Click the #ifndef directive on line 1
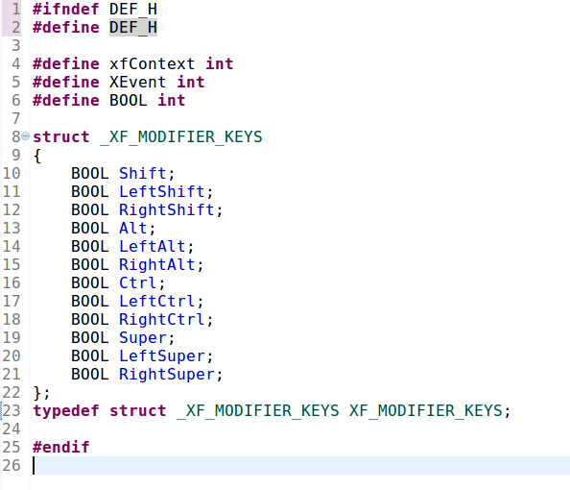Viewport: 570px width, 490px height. point(66,9)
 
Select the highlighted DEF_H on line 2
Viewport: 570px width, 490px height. point(133,27)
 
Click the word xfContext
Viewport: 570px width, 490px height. point(153,64)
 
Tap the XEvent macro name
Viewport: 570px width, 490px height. point(138,83)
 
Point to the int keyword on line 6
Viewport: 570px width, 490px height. point(172,101)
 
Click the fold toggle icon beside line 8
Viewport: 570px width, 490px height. point(26,136)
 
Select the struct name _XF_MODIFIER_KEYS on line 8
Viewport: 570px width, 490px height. point(181,137)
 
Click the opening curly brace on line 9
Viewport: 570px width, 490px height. point(37,156)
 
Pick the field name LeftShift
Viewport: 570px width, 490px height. point(162,192)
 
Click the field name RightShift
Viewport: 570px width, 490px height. point(167,210)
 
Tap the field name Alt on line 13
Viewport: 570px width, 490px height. point(133,229)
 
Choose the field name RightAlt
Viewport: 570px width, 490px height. point(157,264)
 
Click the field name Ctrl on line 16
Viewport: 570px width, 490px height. point(138,282)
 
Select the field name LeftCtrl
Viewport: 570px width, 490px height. point(157,301)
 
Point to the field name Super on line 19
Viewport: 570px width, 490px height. point(143,338)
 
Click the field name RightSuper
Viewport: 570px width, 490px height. point(167,375)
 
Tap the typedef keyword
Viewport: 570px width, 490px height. point(66,411)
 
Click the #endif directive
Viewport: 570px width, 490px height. point(61,447)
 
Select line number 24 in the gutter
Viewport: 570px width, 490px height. point(12,429)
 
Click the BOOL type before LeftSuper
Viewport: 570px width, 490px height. point(90,356)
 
